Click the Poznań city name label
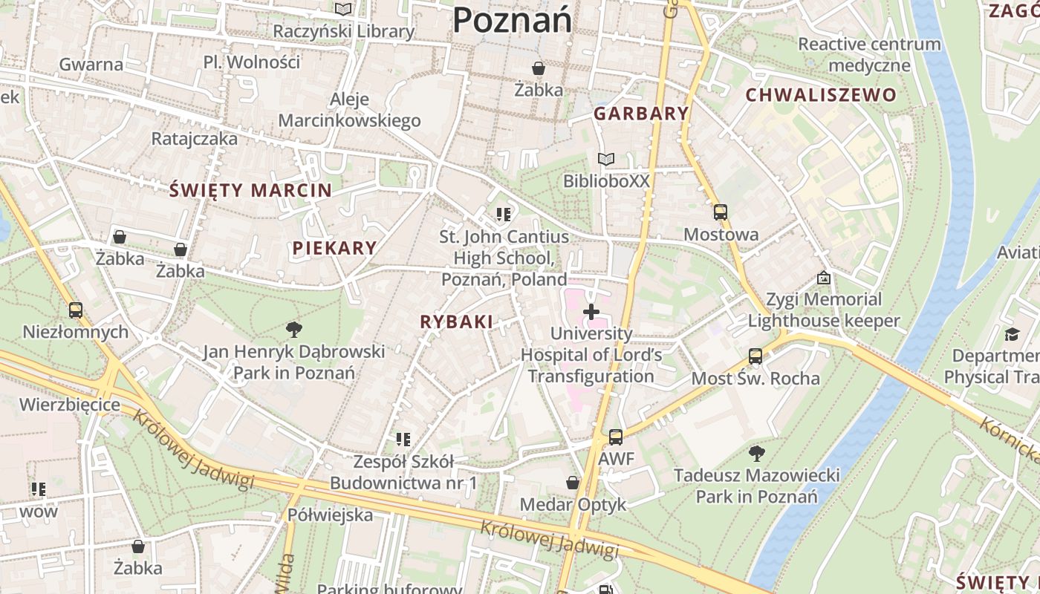(x=512, y=19)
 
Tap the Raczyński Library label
(x=342, y=31)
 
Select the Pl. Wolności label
(x=252, y=62)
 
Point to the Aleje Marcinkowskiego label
(x=349, y=110)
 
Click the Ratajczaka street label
(x=195, y=139)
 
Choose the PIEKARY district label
(x=334, y=249)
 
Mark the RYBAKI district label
(x=456, y=322)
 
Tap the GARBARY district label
(x=641, y=114)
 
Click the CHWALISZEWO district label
(x=821, y=95)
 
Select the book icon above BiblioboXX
(x=606, y=160)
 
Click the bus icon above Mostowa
(x=720, y=212)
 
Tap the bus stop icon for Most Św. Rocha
(x=755, y=356)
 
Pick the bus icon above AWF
(x=615, y=437)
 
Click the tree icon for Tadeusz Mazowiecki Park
(x=756, y=452)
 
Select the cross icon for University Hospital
(x=591, y=312)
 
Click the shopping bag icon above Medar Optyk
(x=573, y=483)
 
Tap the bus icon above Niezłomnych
(x=75, y=310)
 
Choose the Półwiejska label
(x=330, y=515)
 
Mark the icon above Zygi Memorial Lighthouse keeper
(x=823, y=278)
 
